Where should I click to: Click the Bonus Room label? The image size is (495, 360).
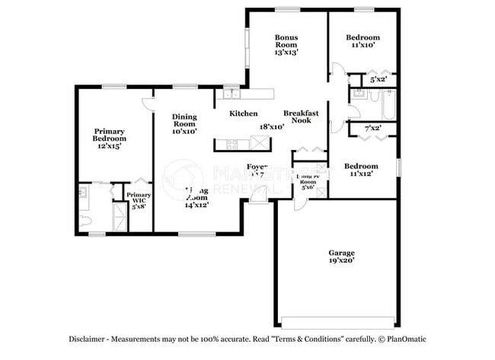(x=286, y=44)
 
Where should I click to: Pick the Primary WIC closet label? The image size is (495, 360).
(x=139, y=200)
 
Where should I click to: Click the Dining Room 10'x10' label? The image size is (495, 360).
(x=184, y=123)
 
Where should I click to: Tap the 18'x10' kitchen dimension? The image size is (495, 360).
(x=271, y=127)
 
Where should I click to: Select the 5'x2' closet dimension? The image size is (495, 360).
(x=378, y=79)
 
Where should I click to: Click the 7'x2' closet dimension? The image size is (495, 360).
(x=372, y=129)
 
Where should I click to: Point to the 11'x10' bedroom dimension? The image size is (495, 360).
(x=362, y=46)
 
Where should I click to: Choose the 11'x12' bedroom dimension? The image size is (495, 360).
(x=360, y=174)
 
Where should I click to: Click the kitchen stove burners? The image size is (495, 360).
(x=232, y=143)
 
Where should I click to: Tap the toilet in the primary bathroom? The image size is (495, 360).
(x=85, y=221)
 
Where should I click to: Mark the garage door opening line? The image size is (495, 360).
(x=339, y=319)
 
